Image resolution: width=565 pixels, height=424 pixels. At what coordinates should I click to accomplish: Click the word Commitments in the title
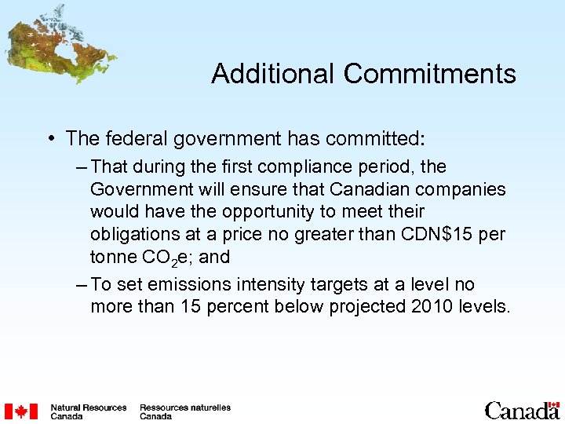pos(429,74)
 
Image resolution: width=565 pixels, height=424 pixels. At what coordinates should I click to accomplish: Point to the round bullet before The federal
pos(52,140)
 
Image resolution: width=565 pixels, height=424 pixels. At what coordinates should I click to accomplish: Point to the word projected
pos(361,306)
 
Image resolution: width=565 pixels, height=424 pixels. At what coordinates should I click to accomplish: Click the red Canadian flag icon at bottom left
pos(20,411)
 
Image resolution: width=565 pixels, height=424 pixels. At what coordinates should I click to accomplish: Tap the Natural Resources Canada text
pos(88,411)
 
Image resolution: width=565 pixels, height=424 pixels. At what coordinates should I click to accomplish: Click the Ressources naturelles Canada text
pos(184,411)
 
